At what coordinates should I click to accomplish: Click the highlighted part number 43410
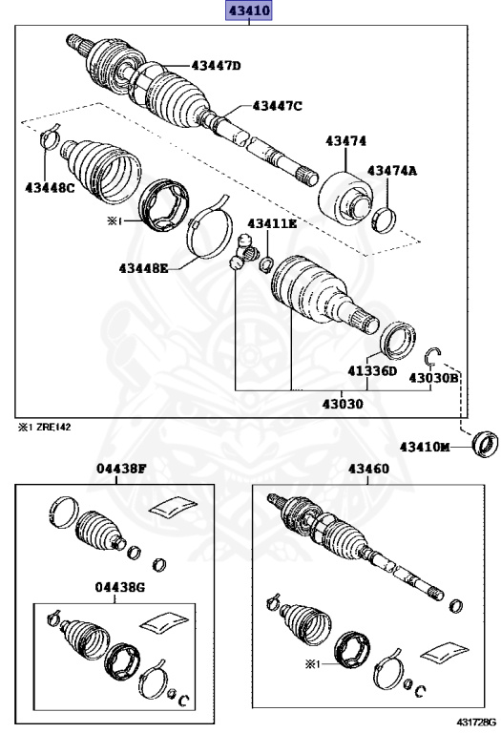(249, 11)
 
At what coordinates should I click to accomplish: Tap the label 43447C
(277, 106)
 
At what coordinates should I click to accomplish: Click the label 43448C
(50, 188)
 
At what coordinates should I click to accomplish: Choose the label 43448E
(143, 268)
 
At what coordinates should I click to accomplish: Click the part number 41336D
(371, 371)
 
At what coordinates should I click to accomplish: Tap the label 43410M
(424, 447)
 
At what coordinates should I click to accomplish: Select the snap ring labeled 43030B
(433, 356)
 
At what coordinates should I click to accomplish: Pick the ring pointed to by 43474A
(384, 219)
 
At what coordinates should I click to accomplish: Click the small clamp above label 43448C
(50, 141)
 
